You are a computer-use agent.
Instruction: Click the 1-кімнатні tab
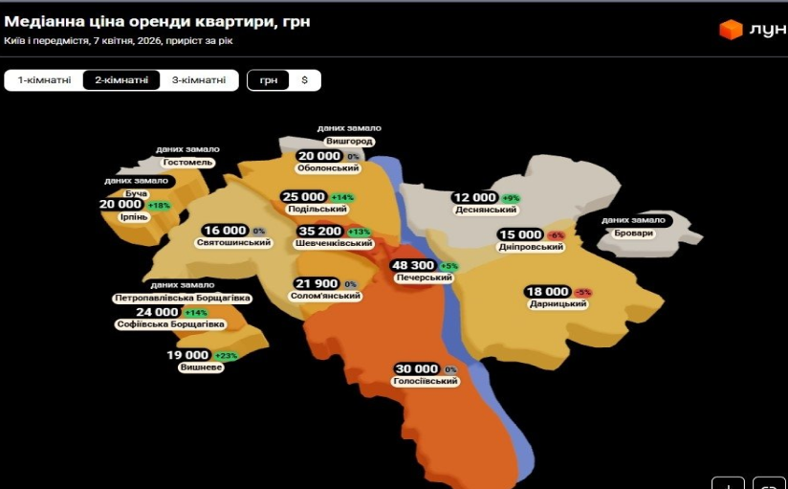click(44, 80)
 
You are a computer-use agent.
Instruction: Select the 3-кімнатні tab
click(199, 80)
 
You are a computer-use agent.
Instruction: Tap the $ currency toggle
click(304, 80)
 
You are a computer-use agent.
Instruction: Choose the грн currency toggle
click(269, 80)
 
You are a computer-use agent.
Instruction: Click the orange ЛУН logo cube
click(731, 30)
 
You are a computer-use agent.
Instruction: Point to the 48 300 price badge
click(413, 265)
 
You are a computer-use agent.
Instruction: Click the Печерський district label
click(424, 278)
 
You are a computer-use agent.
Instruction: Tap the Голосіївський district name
click(426, 381)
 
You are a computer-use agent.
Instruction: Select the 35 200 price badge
click(319, 232)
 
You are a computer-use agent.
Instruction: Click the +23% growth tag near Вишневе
click(227, 356)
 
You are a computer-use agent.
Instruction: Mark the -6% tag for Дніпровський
click(556, 235)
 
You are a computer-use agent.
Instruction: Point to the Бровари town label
click(633, 233)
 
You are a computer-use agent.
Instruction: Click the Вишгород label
click(349, 141)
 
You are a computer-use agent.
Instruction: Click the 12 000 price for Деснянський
click(474, 197)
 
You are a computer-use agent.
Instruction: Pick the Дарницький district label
click(558, 304)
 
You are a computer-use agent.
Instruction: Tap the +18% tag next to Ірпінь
click(158, 205)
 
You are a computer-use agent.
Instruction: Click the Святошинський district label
click(233, 243)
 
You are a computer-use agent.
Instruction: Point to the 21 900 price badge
click(317, 284)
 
